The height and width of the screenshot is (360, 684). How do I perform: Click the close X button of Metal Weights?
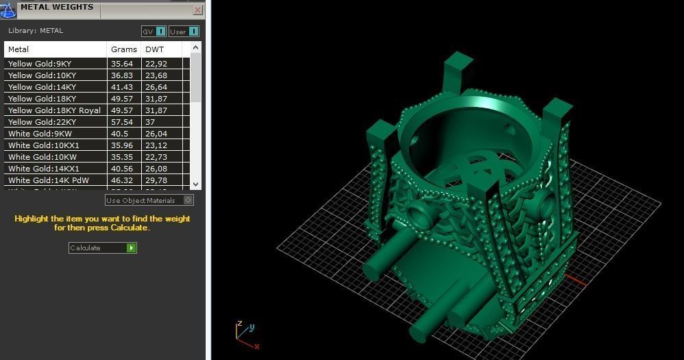coord(197,10)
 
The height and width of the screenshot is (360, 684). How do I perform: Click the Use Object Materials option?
coord(149,200)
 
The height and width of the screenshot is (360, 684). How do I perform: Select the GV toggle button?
coord(154,31)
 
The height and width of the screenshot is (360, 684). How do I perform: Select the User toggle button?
coord(184,31)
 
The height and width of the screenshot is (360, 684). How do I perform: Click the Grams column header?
coord(124,49)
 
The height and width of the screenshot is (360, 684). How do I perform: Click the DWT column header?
coord(154,49)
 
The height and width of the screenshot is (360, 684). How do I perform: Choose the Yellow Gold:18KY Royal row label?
coord(54,110)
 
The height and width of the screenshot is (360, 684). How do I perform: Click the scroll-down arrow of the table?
coord(196,184)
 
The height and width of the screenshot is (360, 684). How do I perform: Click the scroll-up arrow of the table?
coord(196,47)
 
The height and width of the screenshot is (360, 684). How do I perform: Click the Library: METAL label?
coord(36,31)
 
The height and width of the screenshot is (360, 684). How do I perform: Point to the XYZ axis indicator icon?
coord(245,333)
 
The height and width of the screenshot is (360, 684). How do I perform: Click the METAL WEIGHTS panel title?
coord(57,8)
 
